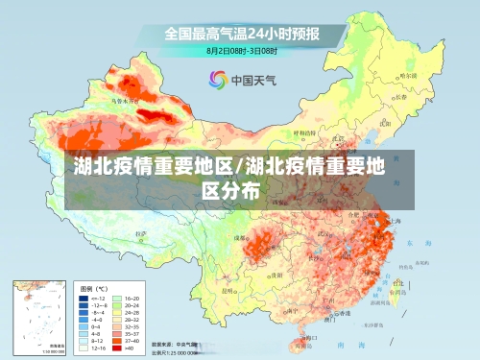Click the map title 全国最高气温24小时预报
point(240,33)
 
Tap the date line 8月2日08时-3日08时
point(243,50)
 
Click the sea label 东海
point(412,244)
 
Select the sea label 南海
point(343,344)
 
